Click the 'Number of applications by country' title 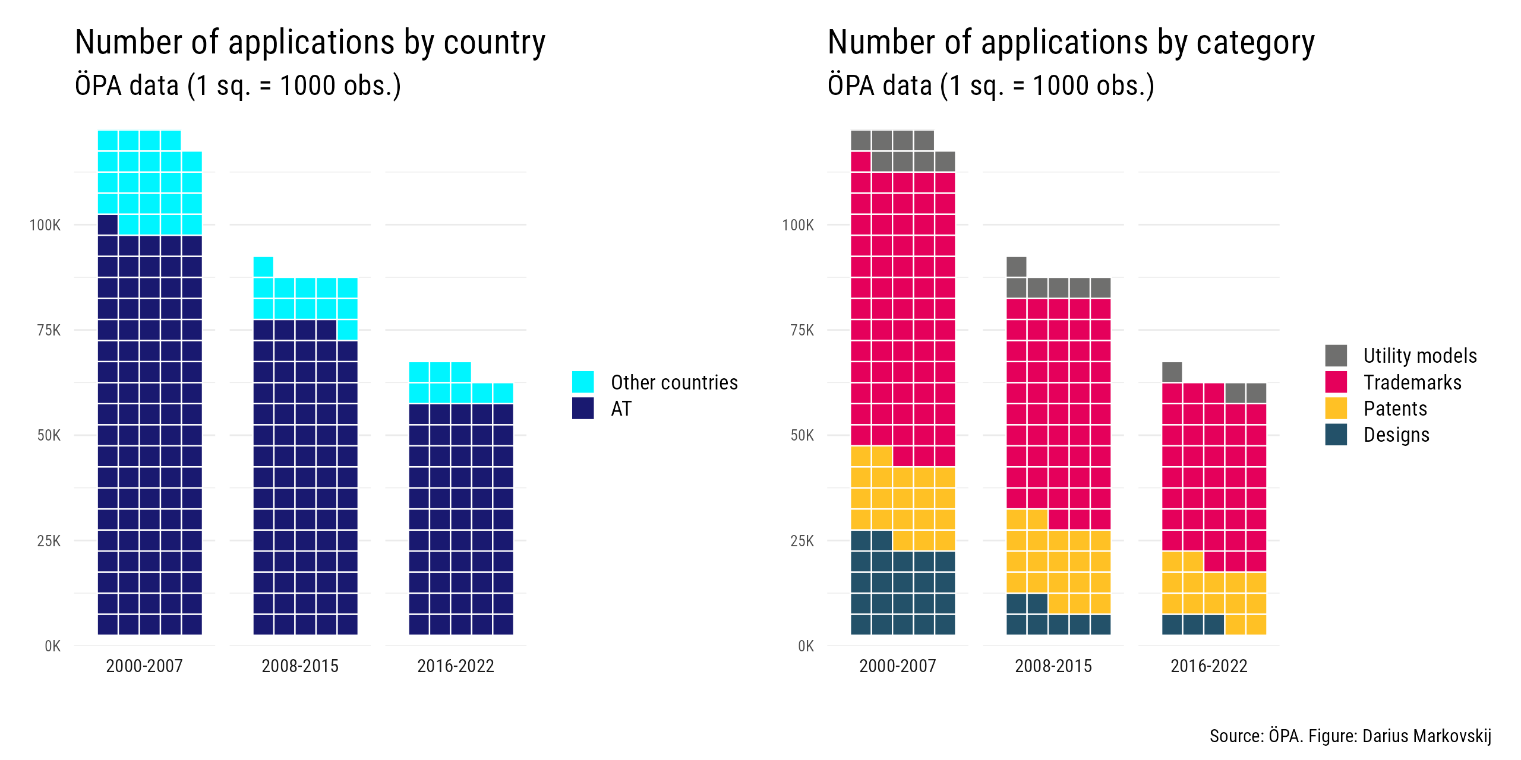point(310,43)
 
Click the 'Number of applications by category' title point(1071,43)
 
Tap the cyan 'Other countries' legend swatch point(583,382)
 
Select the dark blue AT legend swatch point(583,408)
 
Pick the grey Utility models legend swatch point(1336,355)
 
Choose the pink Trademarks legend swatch point(1336,382)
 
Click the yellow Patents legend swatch point(1336,408)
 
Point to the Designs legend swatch point(1336,435)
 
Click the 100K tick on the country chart point(45,225)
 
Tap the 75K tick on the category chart point(802,330)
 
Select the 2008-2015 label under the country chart point(300,666)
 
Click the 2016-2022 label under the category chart point(1209,666)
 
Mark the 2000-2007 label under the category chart point(898,666)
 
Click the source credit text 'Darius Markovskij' point(1427,736)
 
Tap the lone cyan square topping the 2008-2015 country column point(263,267)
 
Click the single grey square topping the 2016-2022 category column point(1172,372)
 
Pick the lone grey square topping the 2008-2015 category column point(1017,267)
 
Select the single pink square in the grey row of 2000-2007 point(861,161)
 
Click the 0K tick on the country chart point(52,646)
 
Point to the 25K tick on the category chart point(802,541)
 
